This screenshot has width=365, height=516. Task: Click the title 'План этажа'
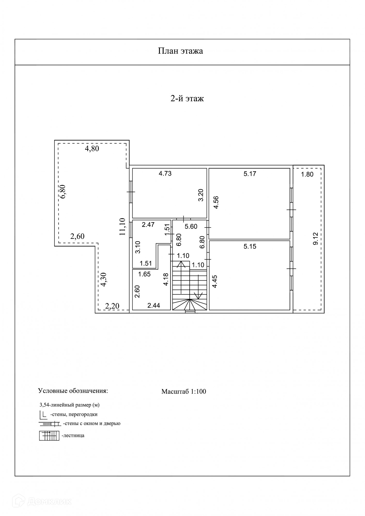tap(180, 51)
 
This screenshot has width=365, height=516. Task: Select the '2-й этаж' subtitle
tap(187, 98)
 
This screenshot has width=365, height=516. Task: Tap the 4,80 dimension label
tap(92, 149)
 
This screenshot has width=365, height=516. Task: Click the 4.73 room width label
tap(165, 173)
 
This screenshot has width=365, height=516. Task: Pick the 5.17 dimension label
tap(250, 174)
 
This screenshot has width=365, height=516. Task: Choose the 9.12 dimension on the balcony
tap(315, 239)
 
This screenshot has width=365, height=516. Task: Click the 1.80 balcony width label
tap(307, 174)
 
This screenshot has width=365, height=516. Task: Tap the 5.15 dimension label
tap(250, 246)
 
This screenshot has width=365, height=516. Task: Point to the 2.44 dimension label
tap(154, 306)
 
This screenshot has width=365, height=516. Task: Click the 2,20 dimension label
tap(112, 306)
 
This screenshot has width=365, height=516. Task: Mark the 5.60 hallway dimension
tap(191, 227)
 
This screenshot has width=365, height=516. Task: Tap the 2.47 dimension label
tap(148, 224)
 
